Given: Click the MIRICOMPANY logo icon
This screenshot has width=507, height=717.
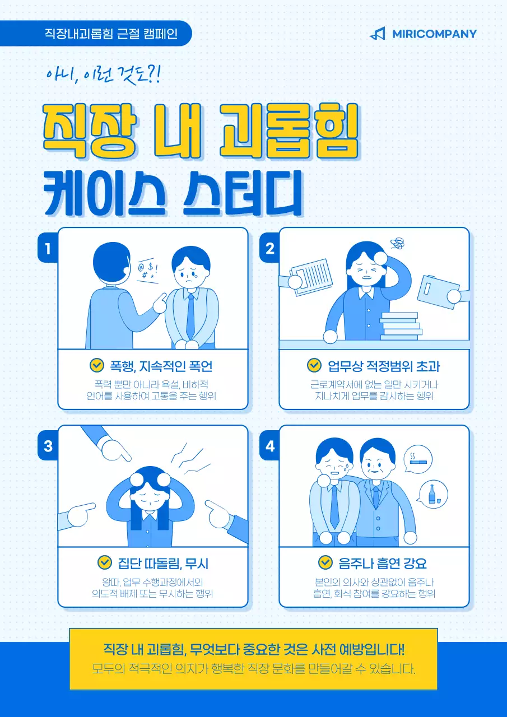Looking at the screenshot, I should point(378,34).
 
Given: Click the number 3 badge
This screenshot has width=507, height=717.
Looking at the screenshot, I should point(48,446).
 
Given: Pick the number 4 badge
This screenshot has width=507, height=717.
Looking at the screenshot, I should point(270,446).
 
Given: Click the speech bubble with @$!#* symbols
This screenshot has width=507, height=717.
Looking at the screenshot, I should point(147,271).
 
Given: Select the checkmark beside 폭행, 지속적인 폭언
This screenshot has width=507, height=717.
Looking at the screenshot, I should point(97,366).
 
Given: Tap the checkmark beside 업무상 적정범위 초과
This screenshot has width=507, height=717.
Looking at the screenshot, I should point(314,366).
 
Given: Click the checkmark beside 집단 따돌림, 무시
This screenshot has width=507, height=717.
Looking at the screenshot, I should point(104,562).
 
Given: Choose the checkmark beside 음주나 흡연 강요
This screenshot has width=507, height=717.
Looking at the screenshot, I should point(325,562).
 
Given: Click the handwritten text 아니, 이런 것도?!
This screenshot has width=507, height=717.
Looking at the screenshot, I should point(104,75).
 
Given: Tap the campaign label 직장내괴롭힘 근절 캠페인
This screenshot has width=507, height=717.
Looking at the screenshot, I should point(111,34).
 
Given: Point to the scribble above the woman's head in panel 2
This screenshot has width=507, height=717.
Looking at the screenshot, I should point(398,243).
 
